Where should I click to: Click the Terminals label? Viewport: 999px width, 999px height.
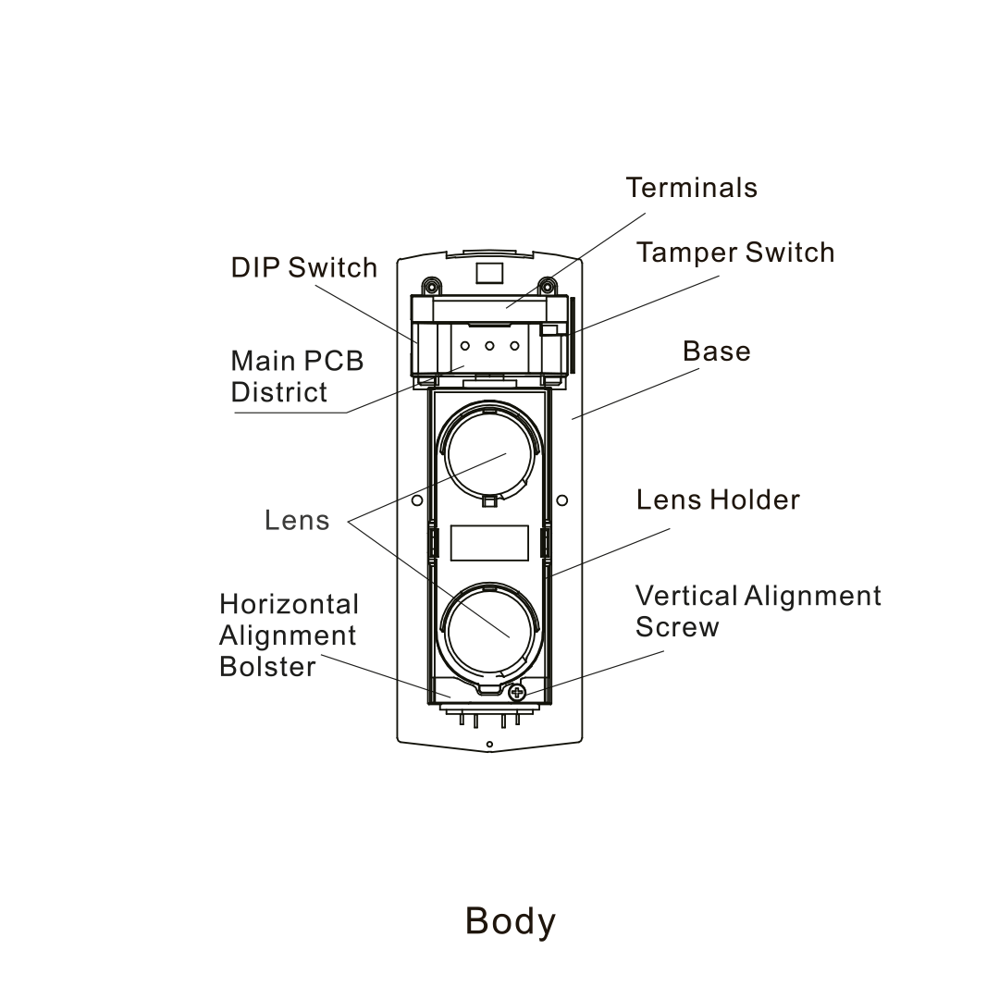pos(691,188)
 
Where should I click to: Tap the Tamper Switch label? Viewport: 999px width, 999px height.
pos(734,253)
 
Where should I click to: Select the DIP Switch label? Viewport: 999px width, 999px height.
pos(303,268)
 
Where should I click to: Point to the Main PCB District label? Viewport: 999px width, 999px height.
pos(296,376)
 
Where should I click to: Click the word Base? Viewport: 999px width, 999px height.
pos(716,351)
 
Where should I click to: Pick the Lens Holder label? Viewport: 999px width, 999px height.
pos(717,500)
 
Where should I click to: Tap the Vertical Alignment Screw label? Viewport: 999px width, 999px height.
pos(758,610)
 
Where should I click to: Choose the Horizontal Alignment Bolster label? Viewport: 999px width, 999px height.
pos(289,635)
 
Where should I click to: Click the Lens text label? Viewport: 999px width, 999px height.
pos(296,520)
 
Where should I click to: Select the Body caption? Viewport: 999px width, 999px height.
pos(510,921)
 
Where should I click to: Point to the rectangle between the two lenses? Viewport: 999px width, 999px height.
pos(489,543)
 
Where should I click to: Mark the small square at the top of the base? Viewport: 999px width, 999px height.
pos(489,272)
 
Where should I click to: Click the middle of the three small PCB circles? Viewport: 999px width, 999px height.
pos(489,347)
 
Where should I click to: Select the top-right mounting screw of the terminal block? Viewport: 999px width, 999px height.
pos(548,284)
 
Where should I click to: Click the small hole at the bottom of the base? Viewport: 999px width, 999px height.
pos(489,745)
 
